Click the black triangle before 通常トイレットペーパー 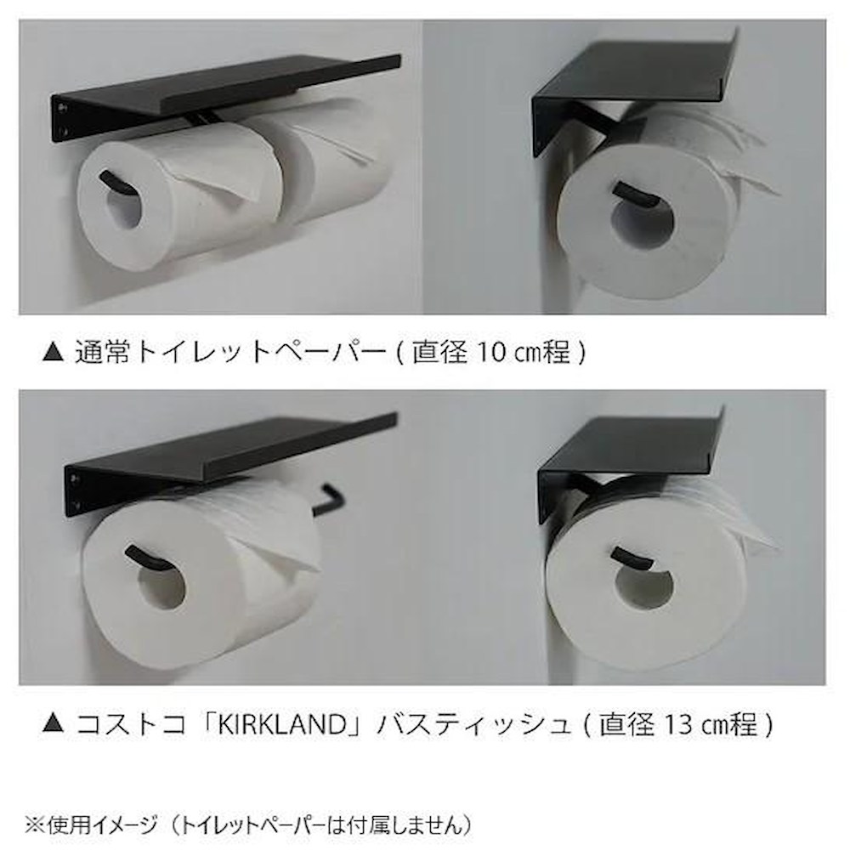53,352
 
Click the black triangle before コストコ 53,726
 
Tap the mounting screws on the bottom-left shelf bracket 76,493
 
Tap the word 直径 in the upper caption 435,351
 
